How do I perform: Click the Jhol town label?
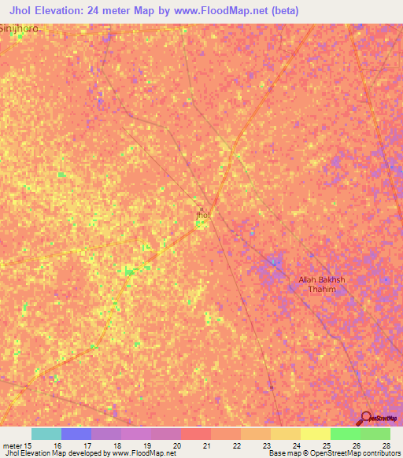[202, 214]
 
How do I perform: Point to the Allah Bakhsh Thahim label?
[322, 284]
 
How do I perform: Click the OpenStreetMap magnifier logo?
[366, 419]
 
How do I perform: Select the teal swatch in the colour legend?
[46, 434]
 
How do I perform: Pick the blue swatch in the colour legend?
[76, 434]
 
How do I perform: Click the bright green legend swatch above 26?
[345, 434]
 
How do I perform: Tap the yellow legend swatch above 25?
[315, 434]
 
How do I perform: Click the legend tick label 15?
[28, 445]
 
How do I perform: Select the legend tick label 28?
[386, 445]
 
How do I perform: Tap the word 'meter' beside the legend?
[12, 445]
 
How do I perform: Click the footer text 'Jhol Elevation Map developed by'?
[52, 453]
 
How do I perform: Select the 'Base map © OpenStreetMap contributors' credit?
[331, 453]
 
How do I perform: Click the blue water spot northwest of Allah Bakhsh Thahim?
[272, 261]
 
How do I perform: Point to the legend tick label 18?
[117, 445]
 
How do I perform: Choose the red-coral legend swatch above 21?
[195, 434]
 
